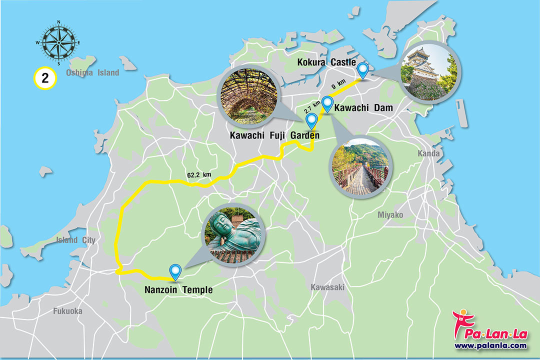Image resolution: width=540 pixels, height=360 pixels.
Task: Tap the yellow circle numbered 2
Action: (x=44, y=78)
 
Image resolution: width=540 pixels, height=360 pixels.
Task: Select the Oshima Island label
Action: (x=92, y=73)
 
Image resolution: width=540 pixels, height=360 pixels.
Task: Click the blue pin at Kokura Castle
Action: (x=362, y=69)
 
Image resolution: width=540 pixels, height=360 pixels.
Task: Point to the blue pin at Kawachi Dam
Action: (x=327, y=103)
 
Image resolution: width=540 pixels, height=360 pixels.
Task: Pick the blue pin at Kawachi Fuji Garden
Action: (x=311, y=120)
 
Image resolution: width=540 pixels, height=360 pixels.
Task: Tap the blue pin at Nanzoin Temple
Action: (x=175, y=270)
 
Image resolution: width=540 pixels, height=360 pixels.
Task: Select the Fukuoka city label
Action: (x=67, y=311)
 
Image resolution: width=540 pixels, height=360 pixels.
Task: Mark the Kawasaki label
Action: (x=327, y=287)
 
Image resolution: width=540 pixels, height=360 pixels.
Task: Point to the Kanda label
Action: (x=429, y=153)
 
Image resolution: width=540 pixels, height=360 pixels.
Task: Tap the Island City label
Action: (x=75, y=240)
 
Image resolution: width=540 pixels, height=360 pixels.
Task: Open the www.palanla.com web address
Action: (x=490, y=345)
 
